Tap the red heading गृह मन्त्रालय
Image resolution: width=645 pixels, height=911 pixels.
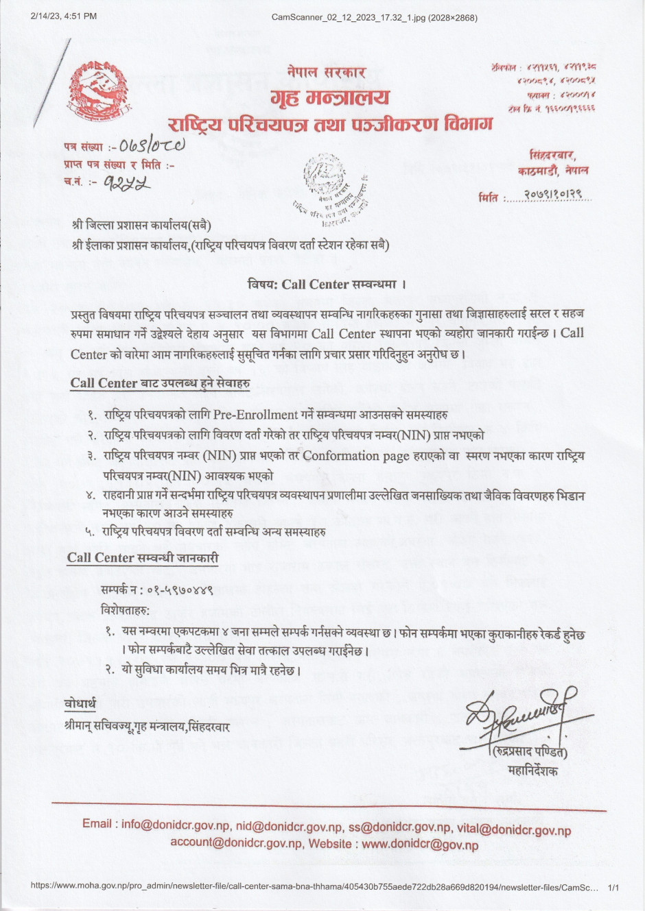tap(330, 98)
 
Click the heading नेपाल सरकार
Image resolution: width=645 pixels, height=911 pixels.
tap(327, 71)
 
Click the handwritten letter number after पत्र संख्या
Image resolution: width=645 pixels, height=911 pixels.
tap(152, 145)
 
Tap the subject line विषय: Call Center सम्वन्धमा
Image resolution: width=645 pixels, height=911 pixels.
tap(327, 284)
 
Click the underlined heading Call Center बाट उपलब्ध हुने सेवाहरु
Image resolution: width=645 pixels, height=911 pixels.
tap(160, 382)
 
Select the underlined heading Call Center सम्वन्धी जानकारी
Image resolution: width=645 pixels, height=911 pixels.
tap(143, 558)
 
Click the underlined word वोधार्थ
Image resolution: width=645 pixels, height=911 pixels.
tap(81, 704)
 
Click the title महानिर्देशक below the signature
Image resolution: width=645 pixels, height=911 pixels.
tap(533, 771)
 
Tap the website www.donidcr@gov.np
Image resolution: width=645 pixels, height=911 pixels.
tap(420, 845)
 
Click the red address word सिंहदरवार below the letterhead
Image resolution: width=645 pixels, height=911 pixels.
tap(552, 155)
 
